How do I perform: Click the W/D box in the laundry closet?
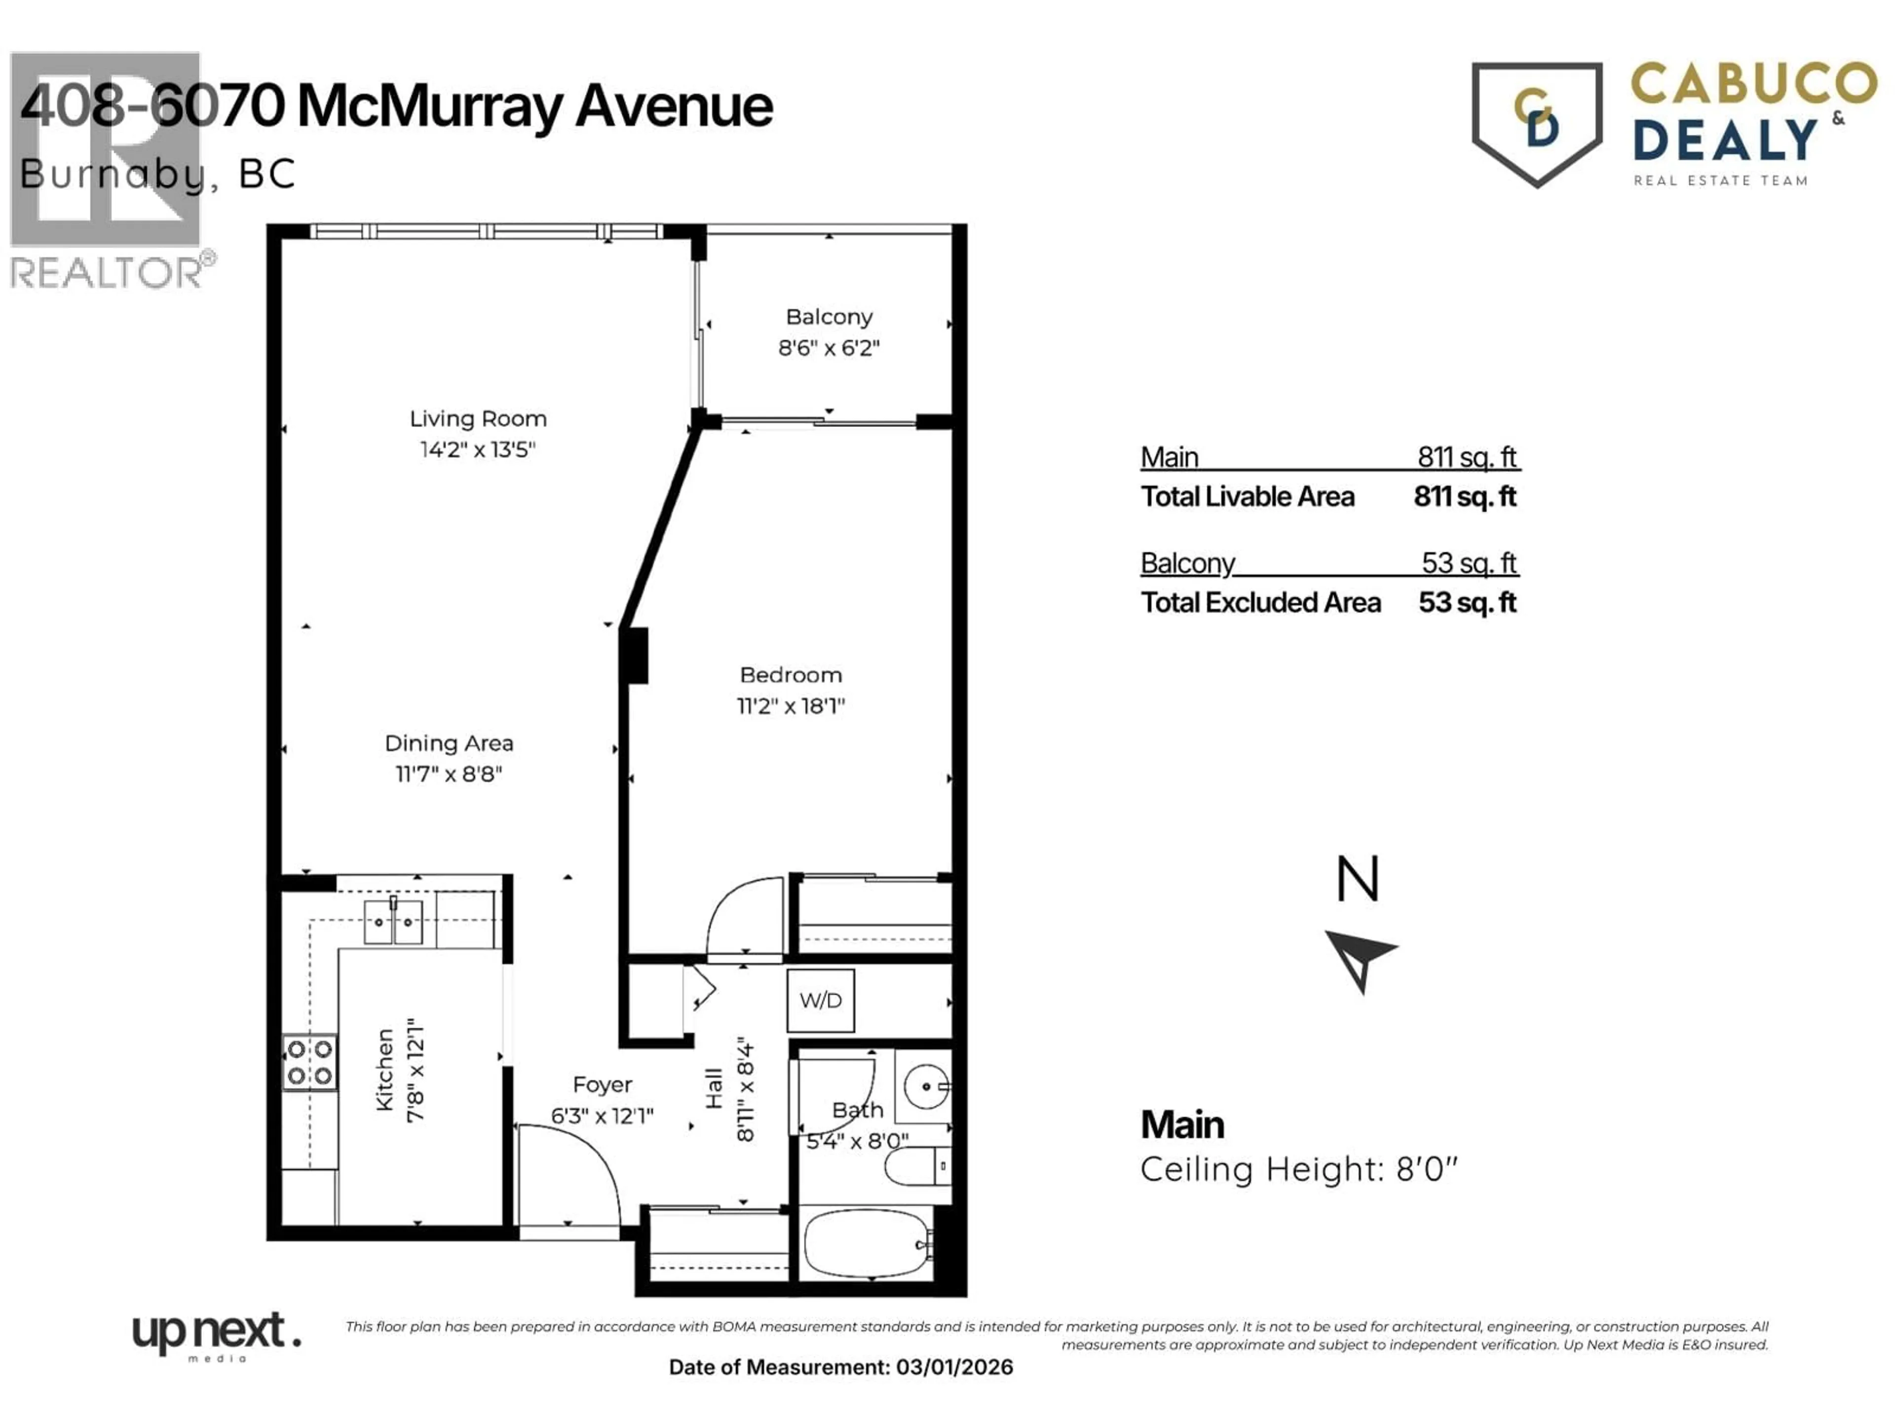[x=820, y=1000]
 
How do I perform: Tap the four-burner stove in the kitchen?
[x=309, y=1062]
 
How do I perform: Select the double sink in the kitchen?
[x=393, y=922]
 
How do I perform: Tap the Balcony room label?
[x=829, y=317]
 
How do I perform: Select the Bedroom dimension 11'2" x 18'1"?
[x=790, y=706]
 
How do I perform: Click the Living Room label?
[x=477, y=419]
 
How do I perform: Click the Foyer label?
[x=602, y=1084]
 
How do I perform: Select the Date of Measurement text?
[x=840, y=1367]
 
